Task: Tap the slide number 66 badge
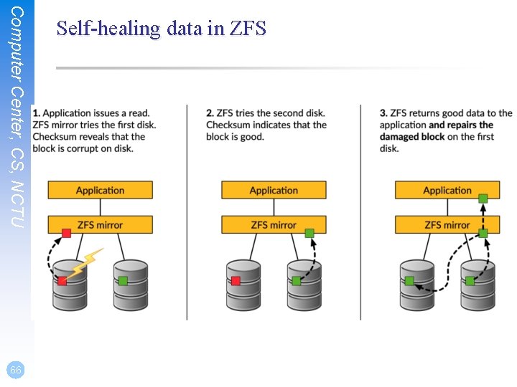click(15, 370)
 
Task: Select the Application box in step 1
click(100, 190)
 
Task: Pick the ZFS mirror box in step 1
click(100, 224)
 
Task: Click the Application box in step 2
click(274, 190)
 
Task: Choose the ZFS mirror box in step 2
click(274, 224)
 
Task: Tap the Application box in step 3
click(447, 190)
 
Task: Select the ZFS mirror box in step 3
click(447, 224)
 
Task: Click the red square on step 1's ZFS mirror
click(66, 233)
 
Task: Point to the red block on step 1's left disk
click(62, 280)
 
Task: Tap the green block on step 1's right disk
click(123, 280)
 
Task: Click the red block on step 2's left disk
click(236, 280)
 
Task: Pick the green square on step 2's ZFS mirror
click(309, 233)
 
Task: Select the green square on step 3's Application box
click(483, 198)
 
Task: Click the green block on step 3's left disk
click(409, 280)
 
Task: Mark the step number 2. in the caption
click(210, 113)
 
